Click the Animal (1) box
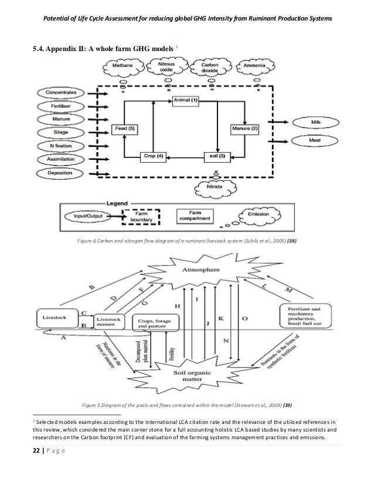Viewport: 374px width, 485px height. coord(186,101)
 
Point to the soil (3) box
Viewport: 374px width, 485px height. coord(217,156)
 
